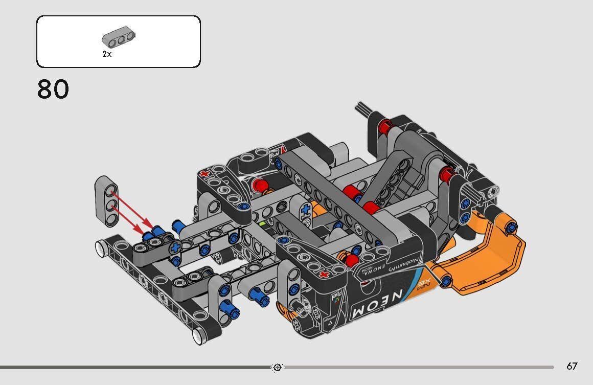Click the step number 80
pos(53,89)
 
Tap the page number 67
pos(572,366)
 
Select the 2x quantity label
pos(106,54)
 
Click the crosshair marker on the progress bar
pos(277,367)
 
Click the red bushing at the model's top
pos(386,124)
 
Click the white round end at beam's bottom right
pos(198,335)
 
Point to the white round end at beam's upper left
pos(100,247)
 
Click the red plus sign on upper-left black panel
pos(206,173)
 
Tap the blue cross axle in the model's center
pos(306,209)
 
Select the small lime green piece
pos(262,223)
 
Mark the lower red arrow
pos(130,220)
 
